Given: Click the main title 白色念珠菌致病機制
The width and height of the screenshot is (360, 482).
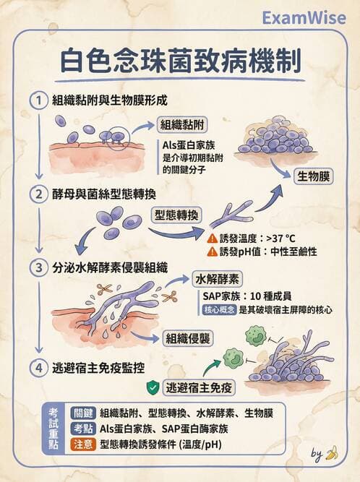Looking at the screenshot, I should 179,63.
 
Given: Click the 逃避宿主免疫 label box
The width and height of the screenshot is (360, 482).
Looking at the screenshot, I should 200,387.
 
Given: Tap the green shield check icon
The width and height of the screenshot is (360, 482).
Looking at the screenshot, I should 153,387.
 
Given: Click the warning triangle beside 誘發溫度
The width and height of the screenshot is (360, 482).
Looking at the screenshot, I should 211,238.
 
